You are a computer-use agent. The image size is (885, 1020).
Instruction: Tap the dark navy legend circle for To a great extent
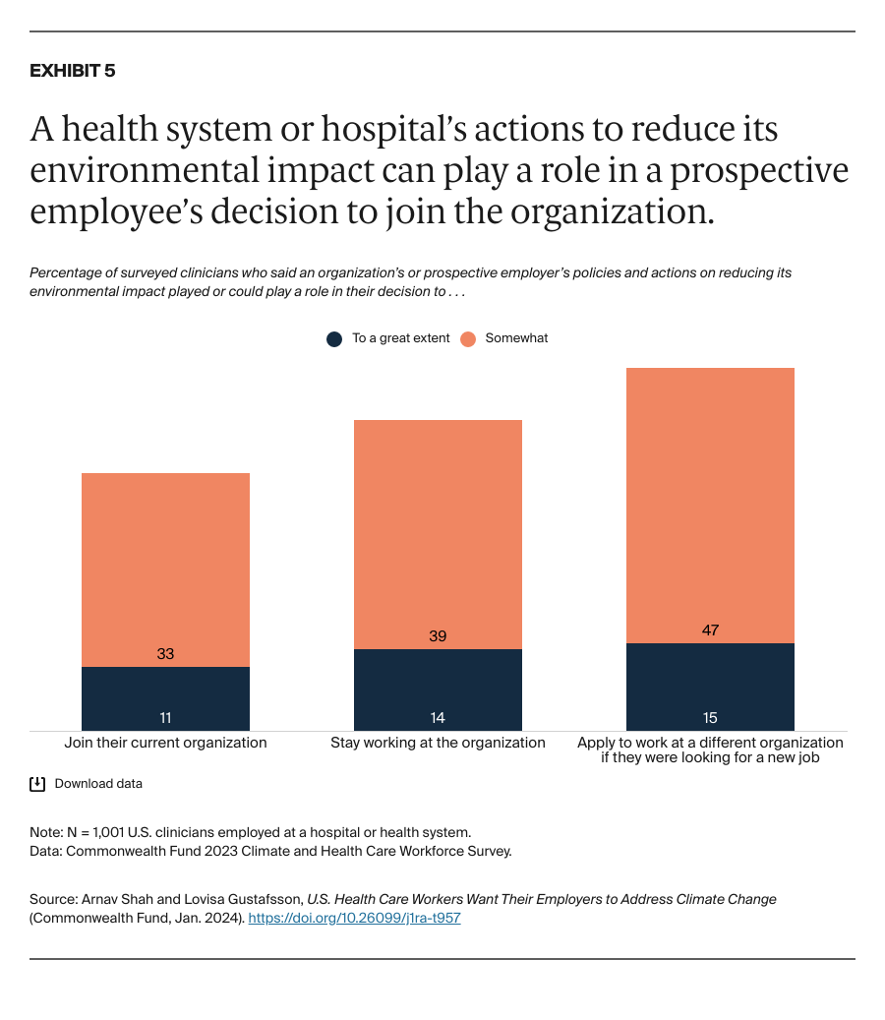point(334,338)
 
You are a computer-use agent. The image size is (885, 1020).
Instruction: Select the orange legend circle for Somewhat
point(468,338)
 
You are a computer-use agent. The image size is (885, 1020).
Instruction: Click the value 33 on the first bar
point(165,653)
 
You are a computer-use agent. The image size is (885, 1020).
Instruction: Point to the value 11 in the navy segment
point(165,718)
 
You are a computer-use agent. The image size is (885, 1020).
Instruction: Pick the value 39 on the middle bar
point(438,636)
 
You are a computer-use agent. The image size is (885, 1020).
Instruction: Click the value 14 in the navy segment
point(438,718)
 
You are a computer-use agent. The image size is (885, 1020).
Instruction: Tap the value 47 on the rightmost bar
point(710,630)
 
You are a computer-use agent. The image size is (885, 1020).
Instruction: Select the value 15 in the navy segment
point(710,718)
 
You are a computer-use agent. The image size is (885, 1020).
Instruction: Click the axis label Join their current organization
point(165,743)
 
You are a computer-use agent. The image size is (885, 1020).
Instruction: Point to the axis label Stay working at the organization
point(438,743)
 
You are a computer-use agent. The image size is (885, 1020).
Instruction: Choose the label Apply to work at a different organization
point(710,743)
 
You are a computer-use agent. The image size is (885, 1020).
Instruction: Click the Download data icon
point(37,784)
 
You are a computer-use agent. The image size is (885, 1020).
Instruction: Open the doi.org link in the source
point(354,918)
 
